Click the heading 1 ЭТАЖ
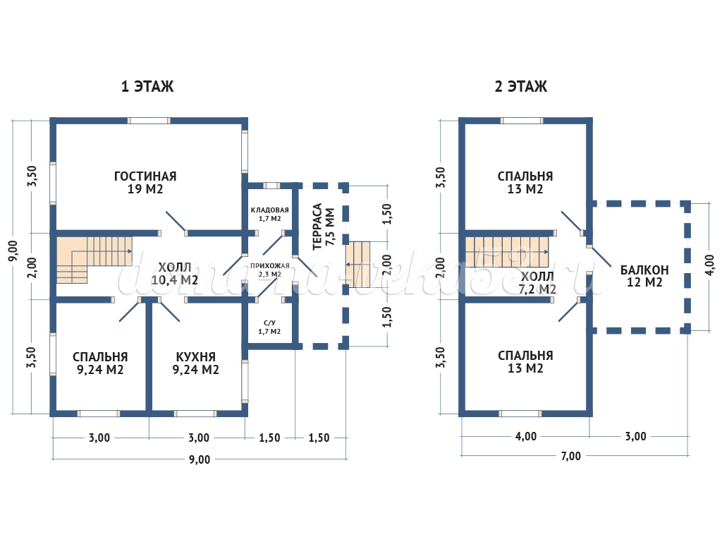pyautogui.click(x=147, y=87)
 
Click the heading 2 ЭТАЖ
pyautogui.click(x=521, y=87)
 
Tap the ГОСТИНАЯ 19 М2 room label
pyautogui.click(x=145, y=183)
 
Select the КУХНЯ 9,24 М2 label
pyautogui.click(x=195, y=363)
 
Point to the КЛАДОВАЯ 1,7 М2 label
pyautogui.click(x=270, y=215)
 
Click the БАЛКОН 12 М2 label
pyautogui.click(x=644, y=276)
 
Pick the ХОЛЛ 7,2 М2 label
pyautogui.click(x=538, y=282)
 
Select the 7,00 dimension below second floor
pyautogui.click(x=570, y=456)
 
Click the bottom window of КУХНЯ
pyautogui.click(x=195, y=414)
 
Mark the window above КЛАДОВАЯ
pyautogui.click(x=271, y=186)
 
